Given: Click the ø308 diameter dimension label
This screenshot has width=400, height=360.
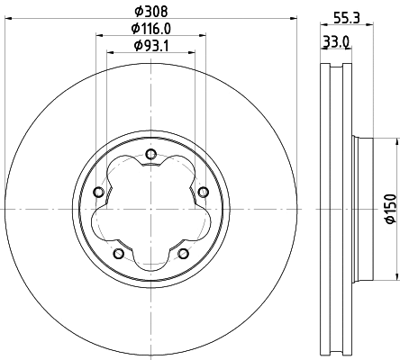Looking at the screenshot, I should (x=150, y=12).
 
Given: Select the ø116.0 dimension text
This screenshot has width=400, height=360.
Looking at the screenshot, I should (x=150, y=29).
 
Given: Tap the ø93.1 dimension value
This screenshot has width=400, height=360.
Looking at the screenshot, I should (x=150, y=46).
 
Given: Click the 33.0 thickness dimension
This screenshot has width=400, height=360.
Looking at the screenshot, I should (x=337, y=40).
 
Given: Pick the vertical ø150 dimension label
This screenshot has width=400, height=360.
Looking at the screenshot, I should (x=390, y=208).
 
